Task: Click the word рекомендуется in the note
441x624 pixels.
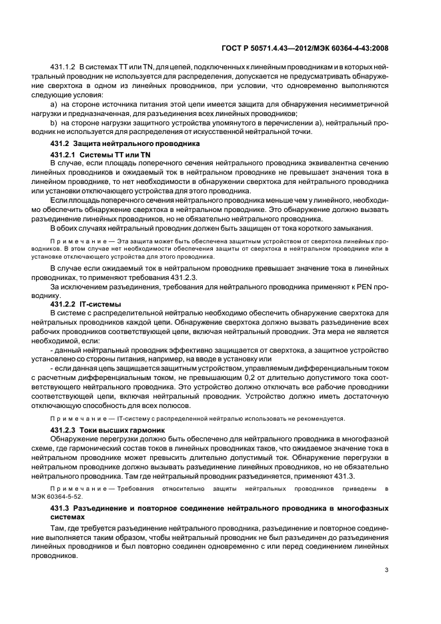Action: point(322,419)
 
